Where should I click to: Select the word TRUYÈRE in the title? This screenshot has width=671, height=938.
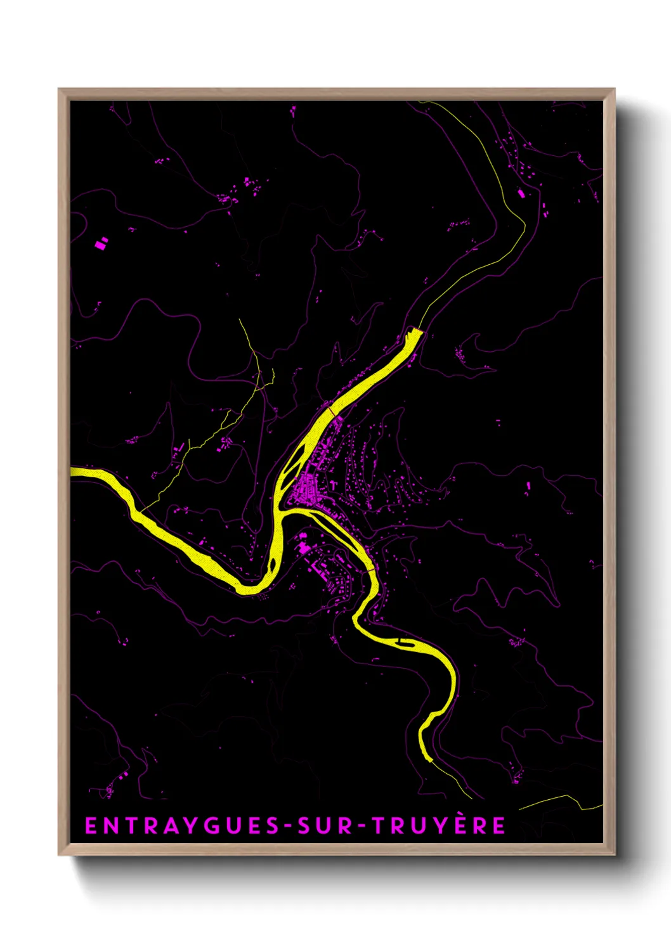[x=438, y=825]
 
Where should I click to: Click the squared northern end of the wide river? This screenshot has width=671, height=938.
[x=415, y=331]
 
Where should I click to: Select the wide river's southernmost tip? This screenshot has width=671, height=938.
[x=428, y=757]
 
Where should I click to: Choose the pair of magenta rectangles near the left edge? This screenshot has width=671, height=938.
[x=101, y=242]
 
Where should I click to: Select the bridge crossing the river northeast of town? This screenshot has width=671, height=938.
[x=330, y=413]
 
